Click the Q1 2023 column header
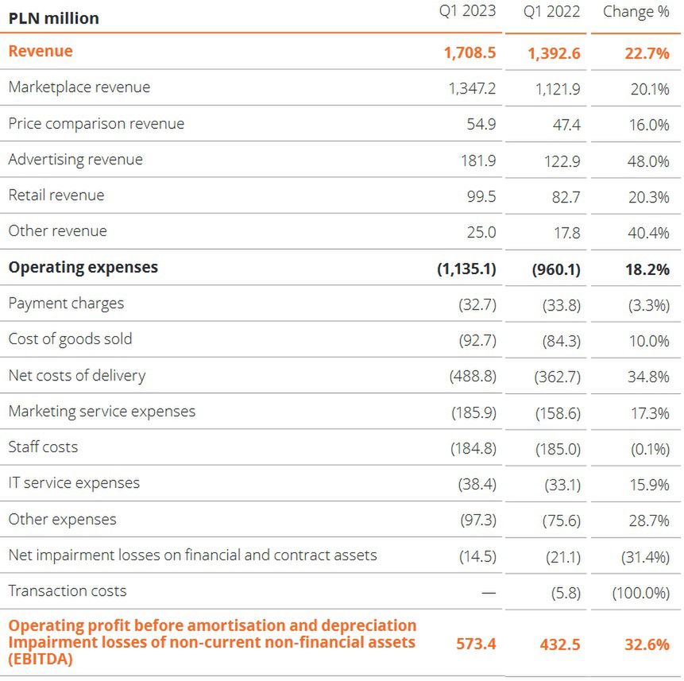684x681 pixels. coord(468,11)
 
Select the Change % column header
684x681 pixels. coord(636,11)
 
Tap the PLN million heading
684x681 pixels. coord(54,17)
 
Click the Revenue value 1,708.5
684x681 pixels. coord(470,52)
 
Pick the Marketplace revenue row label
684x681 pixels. coord(79,87)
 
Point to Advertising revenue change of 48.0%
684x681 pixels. coord(649,161)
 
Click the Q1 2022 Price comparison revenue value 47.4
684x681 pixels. coord(566,125)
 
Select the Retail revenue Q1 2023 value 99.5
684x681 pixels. coord(481,196)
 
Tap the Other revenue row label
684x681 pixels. coord(57,230)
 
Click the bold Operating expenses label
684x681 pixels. coord(83,267)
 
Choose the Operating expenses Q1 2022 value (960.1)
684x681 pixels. coord(556,269)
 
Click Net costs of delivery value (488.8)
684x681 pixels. coord(473,377)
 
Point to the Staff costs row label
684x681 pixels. coord(43,447)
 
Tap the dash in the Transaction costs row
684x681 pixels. coord(488,592)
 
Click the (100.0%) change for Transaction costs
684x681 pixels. coord(640,592)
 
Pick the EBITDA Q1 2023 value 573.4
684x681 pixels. coord(476,644)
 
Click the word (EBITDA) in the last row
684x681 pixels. coord(41,658)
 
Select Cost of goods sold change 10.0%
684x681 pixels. coord(649,341)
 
